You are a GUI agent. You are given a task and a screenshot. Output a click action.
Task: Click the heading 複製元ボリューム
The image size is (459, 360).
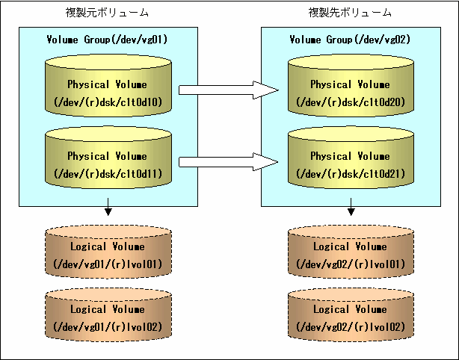(107, 13)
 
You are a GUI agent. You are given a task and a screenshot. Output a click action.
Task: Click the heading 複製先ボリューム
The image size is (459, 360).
(350, 13)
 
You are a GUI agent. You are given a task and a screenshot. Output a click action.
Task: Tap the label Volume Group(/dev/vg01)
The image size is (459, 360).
(107, 39)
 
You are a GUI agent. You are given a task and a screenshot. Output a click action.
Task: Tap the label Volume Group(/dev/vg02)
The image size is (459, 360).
(350, 39)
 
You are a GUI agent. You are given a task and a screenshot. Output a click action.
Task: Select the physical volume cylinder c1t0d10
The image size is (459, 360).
(108, 86)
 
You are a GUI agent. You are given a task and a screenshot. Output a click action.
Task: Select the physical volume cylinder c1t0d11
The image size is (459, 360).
(108, 158)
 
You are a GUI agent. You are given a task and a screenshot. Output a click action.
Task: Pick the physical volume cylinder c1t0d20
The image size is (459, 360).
(351, 86)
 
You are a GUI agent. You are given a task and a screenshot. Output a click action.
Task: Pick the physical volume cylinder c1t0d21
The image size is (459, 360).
(351, 158)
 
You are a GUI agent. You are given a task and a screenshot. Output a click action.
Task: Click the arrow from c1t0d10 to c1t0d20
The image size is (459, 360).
(229, 90)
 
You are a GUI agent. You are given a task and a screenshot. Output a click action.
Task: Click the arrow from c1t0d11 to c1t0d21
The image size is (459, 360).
(229, 162)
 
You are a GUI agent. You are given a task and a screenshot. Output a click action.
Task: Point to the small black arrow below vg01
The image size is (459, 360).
(108, 207)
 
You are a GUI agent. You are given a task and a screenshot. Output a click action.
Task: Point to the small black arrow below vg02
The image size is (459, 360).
(351, 207)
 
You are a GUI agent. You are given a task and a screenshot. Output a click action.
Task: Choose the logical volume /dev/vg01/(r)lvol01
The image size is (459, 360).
(108, 252)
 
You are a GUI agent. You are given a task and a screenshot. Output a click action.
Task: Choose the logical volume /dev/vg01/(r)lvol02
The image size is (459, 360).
(108, 314)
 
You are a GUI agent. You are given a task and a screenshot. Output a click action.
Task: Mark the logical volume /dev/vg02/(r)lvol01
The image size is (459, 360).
(351, 252)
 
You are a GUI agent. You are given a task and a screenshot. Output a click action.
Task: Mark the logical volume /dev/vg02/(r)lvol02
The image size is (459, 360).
(351, 314)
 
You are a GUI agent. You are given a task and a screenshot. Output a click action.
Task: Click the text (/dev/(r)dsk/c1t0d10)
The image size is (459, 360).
(108, 102)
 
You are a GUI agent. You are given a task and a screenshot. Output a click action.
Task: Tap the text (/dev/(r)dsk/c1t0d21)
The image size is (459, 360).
(351, 174)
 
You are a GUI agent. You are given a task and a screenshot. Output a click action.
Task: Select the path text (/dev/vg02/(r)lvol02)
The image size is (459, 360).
(351, 326)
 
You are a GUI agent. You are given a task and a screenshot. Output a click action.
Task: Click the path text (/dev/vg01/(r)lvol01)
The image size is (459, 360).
(108, 264)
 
